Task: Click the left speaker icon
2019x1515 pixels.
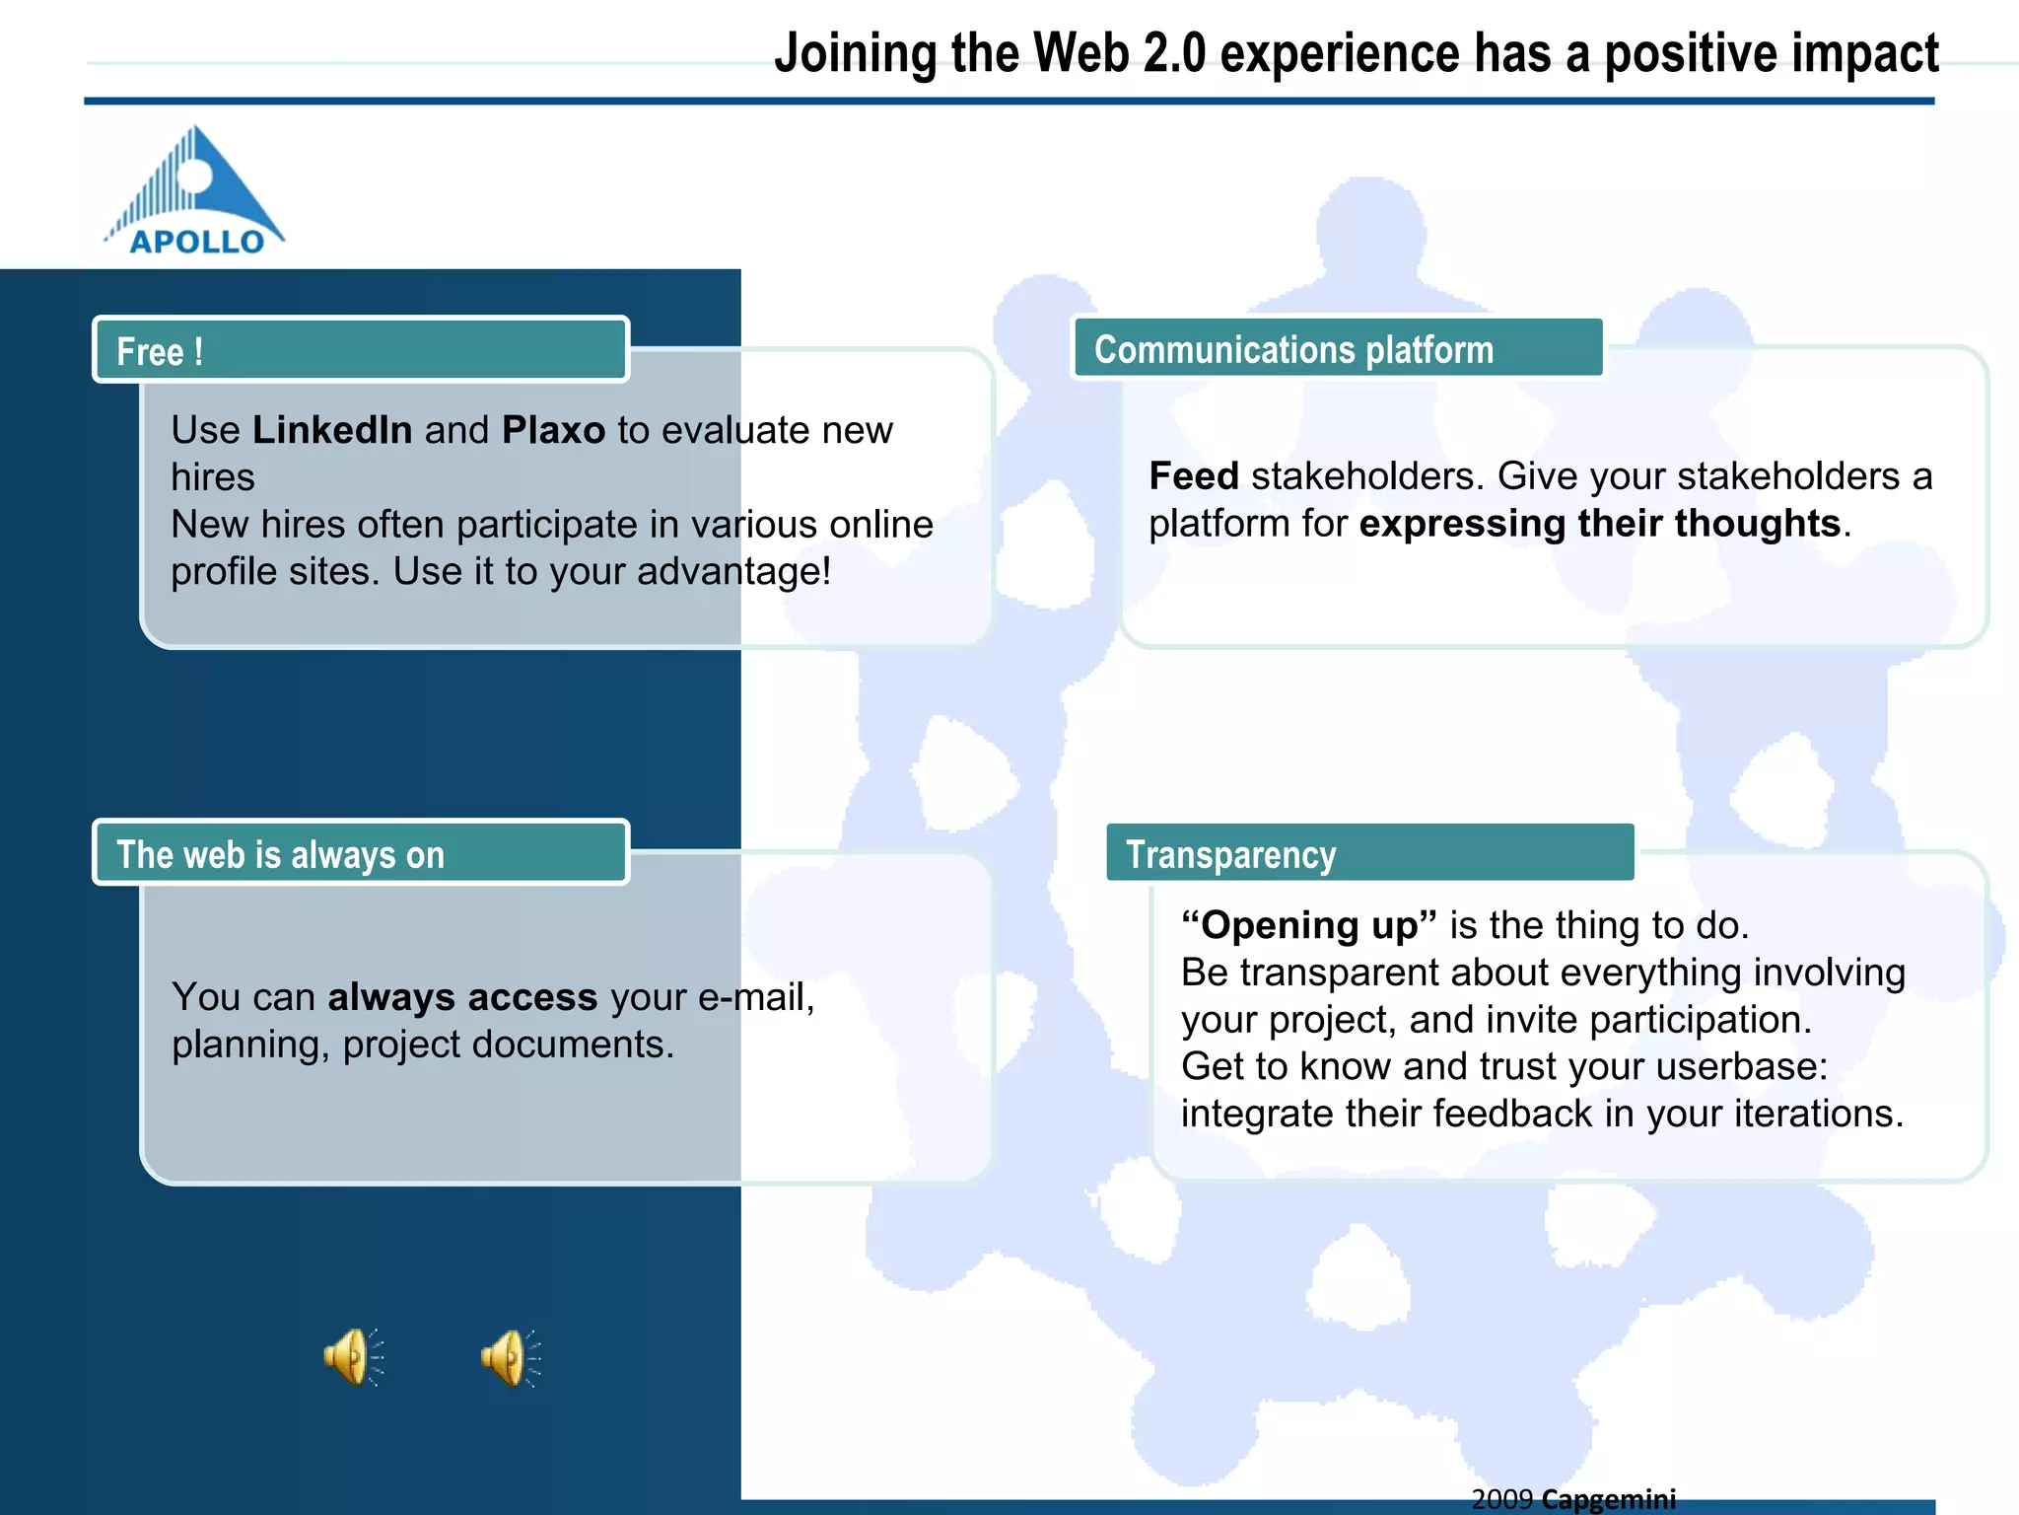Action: [352, 1358]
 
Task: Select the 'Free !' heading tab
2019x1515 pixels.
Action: [361, 350]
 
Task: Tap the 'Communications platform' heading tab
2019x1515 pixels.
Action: [1337, 349]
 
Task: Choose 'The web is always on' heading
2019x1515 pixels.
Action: [361, 853]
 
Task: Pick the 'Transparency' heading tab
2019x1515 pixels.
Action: [1368, 853]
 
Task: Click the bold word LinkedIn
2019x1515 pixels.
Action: [332, 430]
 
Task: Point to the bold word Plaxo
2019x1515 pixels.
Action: [553, 430]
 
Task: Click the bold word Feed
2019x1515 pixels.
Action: [1194, 476]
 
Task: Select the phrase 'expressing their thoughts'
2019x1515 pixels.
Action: [1599, 524]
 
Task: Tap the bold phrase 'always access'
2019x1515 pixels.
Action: [462, 997]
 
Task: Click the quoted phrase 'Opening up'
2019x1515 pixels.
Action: [1308, 925]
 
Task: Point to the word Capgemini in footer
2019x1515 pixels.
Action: [1609, 1499]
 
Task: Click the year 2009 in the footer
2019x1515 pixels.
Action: [1501, 1499]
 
